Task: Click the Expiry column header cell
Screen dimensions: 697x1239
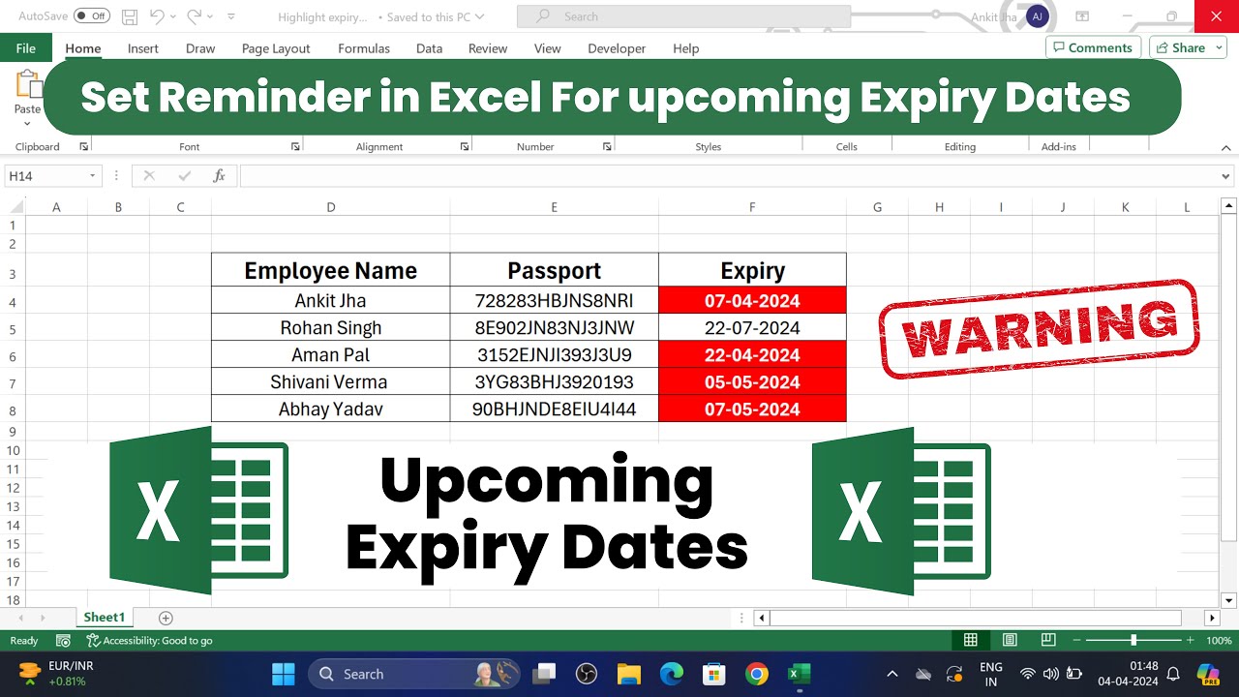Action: pos(752,271)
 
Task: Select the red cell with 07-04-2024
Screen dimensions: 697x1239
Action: pos(752,300)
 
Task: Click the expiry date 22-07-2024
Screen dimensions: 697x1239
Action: pos(752,327)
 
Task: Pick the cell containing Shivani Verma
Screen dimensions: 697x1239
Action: pos(330,381)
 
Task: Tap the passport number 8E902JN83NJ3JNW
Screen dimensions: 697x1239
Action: pos(554,327)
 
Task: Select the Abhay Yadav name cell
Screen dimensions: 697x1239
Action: pos(330,409)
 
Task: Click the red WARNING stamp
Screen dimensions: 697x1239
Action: pos(1039,329)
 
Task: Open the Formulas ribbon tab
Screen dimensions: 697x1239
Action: pos(364,48)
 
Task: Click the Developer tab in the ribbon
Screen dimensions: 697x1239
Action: pos(617,48)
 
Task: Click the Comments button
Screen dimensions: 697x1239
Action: pos(1092,47)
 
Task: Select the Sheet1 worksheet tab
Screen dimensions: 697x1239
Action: pos(105,618)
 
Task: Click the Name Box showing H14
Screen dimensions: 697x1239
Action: pos(48,176)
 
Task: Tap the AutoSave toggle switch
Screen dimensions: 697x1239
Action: pos(92,16)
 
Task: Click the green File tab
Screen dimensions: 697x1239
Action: pos(26,48)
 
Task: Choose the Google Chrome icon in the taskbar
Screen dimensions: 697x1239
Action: pos(757,674)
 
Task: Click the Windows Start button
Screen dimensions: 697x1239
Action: pos(284,674)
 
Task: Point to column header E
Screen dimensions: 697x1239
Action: pos(554,207)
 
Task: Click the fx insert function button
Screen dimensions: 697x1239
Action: pos(220,176)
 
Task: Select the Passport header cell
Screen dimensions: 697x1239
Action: pos(554,271)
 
